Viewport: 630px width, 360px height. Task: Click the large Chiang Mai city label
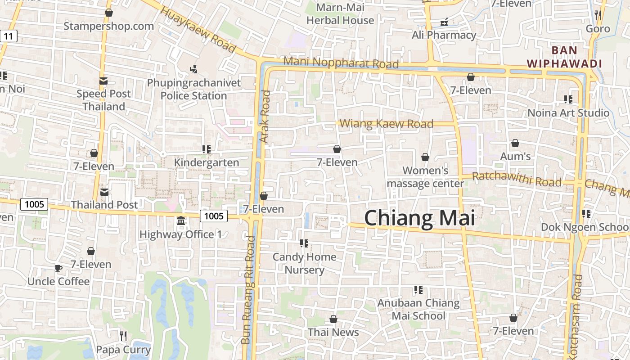[419, 218]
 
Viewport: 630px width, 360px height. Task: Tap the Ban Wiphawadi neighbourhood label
[564, 57]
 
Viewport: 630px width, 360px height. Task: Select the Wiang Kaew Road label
[386, 124]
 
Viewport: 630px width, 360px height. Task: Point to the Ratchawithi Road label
[517, 179]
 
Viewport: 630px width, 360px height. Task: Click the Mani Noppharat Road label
[341, 63]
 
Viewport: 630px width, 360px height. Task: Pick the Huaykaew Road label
[198, 30]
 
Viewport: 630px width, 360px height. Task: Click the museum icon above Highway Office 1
[181, 221]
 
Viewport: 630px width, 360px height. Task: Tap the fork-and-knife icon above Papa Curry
[123, 336]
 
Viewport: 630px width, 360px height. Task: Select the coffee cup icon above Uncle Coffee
[58, 268]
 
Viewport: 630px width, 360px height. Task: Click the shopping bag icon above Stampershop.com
[108, 13]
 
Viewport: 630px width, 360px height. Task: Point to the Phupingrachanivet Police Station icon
[193, 69]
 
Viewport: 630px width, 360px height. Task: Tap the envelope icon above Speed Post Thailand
[103, 81]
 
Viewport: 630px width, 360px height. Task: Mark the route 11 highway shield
[9, 36]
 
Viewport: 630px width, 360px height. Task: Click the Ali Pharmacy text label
[444, 35]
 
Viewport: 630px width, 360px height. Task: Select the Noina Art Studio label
[568, 113]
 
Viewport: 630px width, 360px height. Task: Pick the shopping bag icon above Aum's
[515, 143]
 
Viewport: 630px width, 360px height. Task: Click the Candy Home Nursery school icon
[304, 243]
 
